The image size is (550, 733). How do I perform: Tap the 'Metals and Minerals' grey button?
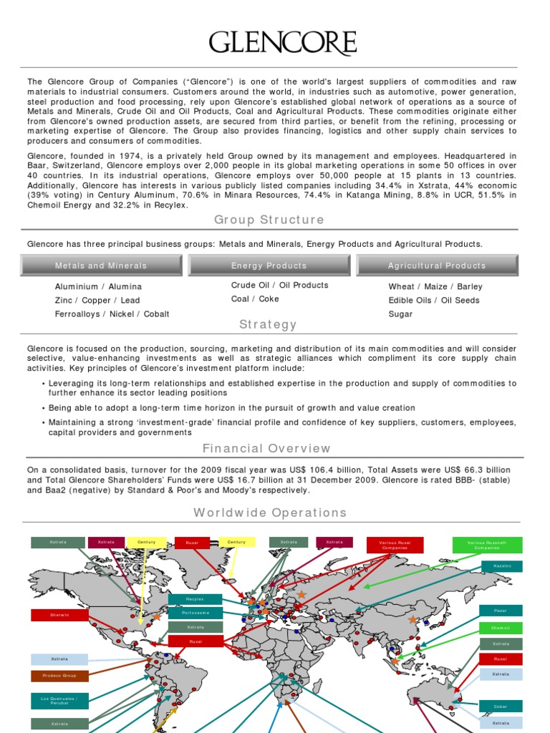(x=101, y=266)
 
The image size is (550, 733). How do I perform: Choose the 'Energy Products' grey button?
(x=269, y=266)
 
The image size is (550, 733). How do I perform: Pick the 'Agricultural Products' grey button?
(x=437, y=266)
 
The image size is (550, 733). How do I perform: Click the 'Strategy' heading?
(x=269, y=324)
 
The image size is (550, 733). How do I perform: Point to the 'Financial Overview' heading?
(x=267, y=449)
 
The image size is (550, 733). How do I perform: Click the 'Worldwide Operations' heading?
(x=270, y=513)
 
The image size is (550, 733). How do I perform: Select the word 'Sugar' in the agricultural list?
(x=400, y=314)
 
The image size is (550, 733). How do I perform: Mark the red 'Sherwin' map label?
(x=59, y=615)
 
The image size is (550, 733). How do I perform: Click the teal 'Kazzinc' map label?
(x=501, y=566)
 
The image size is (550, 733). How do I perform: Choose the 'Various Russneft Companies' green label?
(x=487, y=545)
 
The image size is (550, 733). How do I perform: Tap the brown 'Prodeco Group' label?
(x=59, y=676)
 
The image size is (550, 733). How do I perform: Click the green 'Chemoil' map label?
(x=501, y=628)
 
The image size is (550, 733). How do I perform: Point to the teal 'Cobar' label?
(x=501, y=706)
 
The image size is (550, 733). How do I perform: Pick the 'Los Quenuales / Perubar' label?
(x=59, y=700)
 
